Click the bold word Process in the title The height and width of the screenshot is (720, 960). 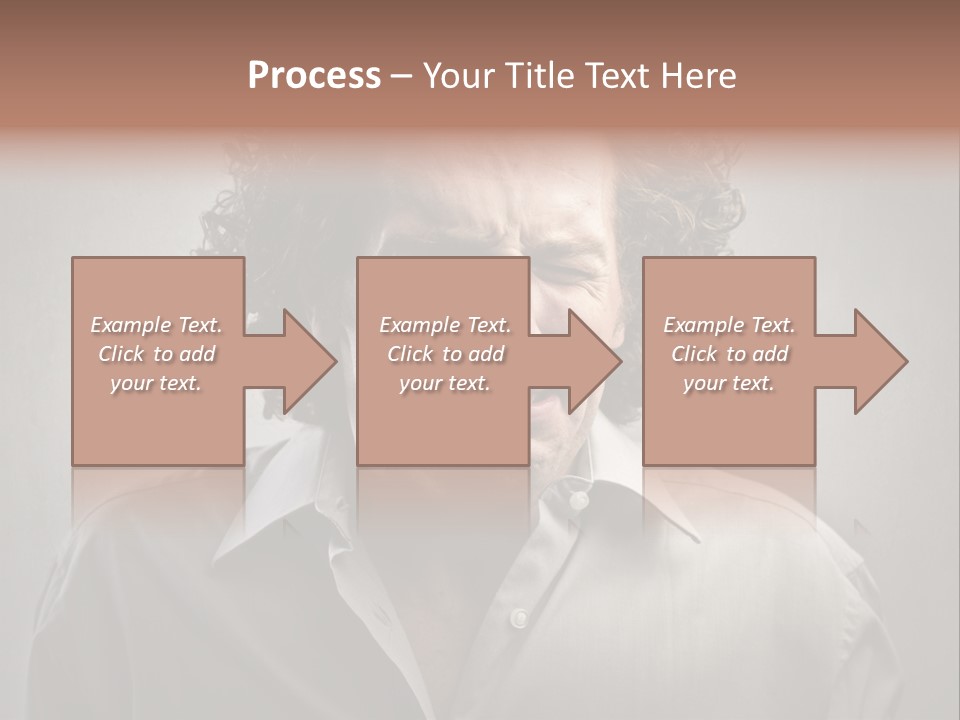pyautogui.click(x=314, y=76)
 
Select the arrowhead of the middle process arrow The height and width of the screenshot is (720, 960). pyautogui.click(x=594, y=361)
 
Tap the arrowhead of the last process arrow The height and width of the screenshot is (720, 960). pyautogui.click(x=880, y=361)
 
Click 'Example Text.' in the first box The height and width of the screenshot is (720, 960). pyautogui.click(x=157, y=325)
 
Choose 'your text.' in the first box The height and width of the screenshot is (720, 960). pyautogui.click(x=156, y=383)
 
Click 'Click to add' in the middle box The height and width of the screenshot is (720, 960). pyautogui.click(x=445, y=354)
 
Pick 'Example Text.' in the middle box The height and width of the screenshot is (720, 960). pyautogui.click(x=445, y=325)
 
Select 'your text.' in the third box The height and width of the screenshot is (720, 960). pyautogui.click(x=729, y=383)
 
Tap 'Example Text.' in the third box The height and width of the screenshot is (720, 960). pyautogui.click(x=729, y=325)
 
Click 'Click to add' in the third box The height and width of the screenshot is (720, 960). pyautogui.click(x=729, y=354)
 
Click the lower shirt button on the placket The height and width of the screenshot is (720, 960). pyautogui.click(x=518, y=617)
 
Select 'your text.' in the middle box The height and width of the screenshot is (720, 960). pyautogui.click(x=444, y=383)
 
